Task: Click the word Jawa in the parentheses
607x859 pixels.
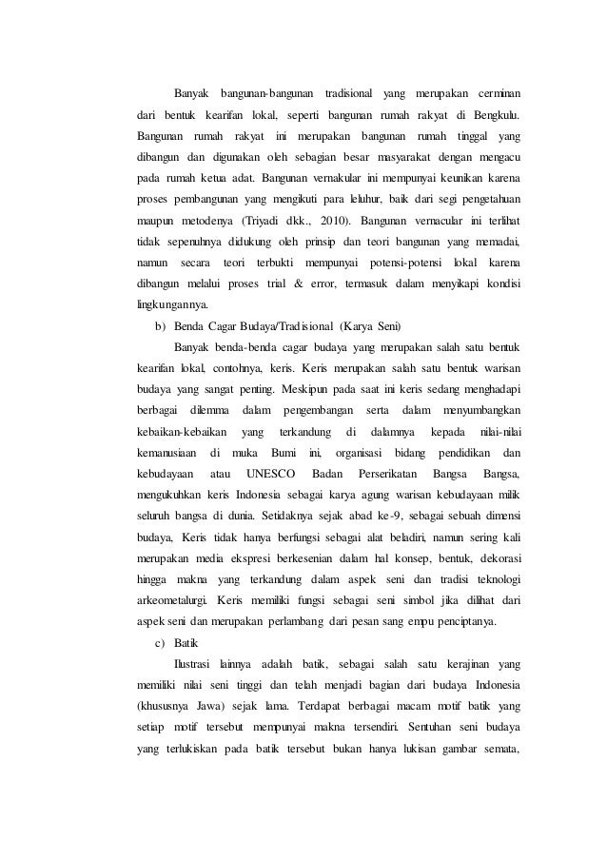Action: [x=198, y=709]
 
